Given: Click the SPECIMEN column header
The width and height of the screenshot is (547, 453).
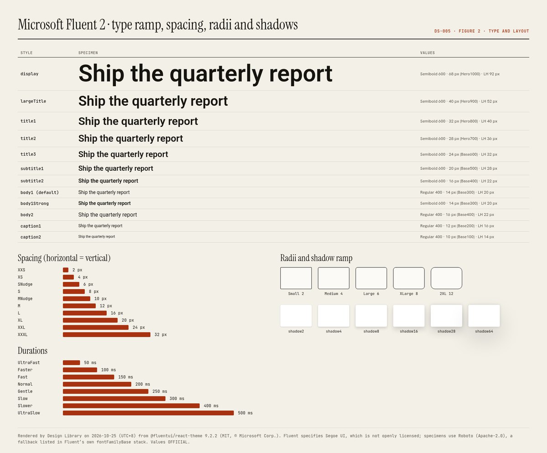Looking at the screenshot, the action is pos(88,53).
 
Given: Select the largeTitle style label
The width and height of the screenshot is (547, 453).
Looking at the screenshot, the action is pos(33,101).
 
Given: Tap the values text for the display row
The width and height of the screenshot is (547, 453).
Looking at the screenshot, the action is pos(460,74).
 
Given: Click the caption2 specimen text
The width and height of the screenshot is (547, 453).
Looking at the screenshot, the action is pos(96,236).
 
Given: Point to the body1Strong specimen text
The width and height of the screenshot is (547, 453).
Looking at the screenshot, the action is pos(104,203).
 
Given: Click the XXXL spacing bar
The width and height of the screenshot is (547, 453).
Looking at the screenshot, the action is pos(107,334).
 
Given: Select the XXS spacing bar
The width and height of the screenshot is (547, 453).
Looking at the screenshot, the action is pos(66,270).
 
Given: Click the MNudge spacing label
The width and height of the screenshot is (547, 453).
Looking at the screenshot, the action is pos(25,299).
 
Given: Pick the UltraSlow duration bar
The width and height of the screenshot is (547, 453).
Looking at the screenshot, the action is pos(148,413).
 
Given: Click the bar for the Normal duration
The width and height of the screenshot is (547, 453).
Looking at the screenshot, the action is pos(97,384).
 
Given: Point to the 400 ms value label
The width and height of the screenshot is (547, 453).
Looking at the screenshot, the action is pos(211,406).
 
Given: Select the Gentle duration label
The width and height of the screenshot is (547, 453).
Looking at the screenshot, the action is pos(25,391).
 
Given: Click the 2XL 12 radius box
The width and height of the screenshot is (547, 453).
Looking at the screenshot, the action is pos(446,268).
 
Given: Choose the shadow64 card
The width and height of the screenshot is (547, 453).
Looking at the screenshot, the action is pos(484,316).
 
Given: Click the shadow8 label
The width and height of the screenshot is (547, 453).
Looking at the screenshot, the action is pos(371,331).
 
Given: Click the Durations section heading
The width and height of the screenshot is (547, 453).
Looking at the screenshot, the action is pos(32,350).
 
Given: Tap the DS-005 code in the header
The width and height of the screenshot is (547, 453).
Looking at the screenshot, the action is pos(443,31).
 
